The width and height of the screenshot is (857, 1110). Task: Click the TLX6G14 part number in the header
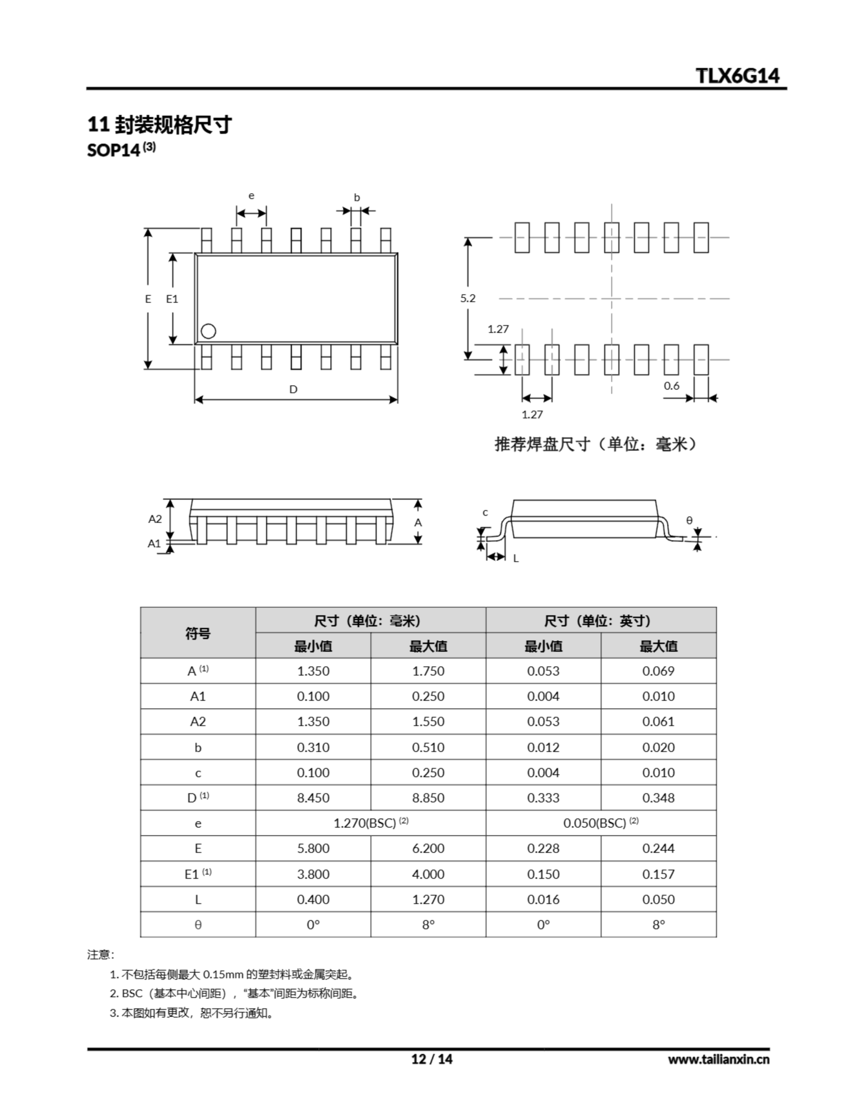[737, 76]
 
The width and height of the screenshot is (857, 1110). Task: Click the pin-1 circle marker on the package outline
[208, 331]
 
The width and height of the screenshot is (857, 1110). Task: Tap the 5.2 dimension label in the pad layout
[467, 298]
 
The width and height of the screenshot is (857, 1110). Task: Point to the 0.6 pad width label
[671, 386]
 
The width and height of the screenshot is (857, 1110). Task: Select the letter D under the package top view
[293, 389]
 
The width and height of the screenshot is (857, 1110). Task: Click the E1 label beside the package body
[172, 299]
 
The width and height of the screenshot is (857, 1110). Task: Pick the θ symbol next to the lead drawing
[689, 520]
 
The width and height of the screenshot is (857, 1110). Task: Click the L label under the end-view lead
[516, 558]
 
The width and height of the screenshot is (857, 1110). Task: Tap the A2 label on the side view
[155, 519]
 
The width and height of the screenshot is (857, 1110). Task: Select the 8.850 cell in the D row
[428, 798]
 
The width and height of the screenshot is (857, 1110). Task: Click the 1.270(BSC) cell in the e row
[370, 823]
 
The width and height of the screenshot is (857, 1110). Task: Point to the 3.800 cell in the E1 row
[313, 874]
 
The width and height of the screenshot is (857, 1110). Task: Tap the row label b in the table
[198, 748]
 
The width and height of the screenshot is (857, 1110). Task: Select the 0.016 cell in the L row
[543, 900]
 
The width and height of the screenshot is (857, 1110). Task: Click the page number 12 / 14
[431, 1059]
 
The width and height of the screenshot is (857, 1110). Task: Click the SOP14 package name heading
[113, 150]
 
